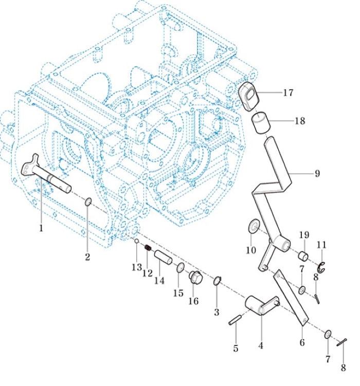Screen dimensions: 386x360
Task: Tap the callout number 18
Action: [299, 121]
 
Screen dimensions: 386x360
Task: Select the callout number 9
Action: [317, 174]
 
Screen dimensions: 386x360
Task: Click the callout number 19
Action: [303, 235]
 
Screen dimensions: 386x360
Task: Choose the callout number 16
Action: [193, 301]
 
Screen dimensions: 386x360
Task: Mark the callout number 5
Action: [236, 348]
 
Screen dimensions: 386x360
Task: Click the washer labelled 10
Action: [253, 225]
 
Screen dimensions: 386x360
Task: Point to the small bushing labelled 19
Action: [303, 255]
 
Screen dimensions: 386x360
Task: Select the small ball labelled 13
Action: [137, 241]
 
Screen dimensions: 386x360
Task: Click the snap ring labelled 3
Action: [217, 281]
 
